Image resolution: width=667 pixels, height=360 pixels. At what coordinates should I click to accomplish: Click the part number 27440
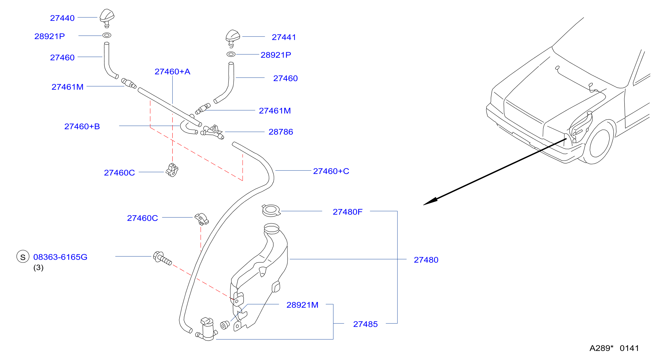pyautogui.click(x=62, y=18)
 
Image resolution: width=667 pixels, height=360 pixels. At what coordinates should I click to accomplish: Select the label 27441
pyautogui.click(x=284, y=37)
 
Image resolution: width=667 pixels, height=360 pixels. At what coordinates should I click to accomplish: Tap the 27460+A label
pyautogui.click(x=172, y=72)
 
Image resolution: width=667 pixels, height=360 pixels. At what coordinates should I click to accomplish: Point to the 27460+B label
pyautogui.click(x=82, y=126)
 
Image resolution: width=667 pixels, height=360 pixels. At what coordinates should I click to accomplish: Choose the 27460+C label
pyautogui.click(x=331, y=171)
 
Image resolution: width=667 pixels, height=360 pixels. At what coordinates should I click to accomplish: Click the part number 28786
pyautogui.click(x=281, y=132)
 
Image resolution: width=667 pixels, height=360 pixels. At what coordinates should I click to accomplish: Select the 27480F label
pyautogui.click(x=348, y=212)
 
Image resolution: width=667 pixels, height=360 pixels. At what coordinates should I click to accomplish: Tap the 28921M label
pyautogui.click(x=302, y=305)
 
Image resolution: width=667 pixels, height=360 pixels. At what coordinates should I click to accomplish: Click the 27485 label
pyautogui.click(x=365, y=324)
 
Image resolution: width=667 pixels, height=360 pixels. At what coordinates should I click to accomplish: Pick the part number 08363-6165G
pyautogui.click(x=60, y=257)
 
